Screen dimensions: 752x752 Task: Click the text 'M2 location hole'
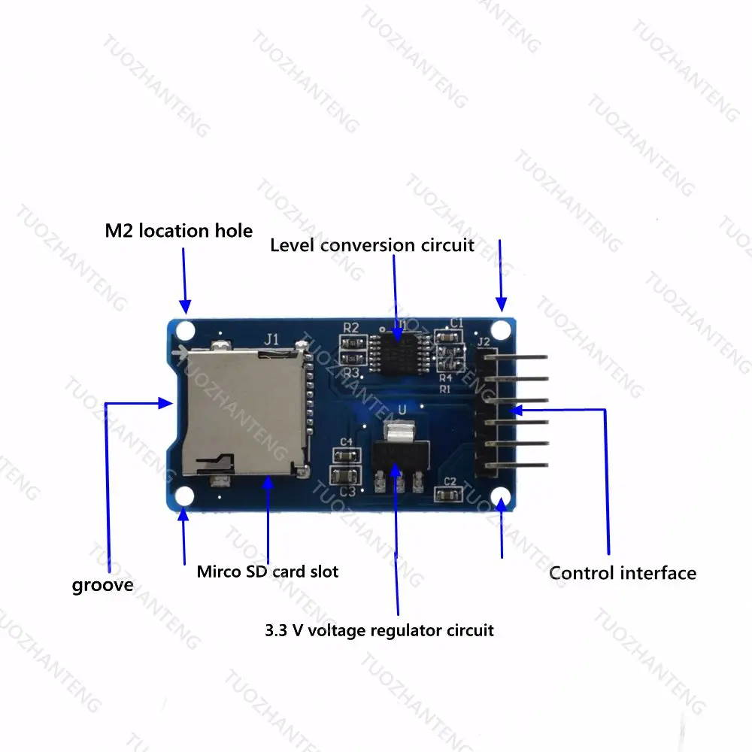coord(179,230)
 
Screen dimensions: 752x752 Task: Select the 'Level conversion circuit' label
coord(372,245)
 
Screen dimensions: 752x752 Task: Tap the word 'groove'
coord(102,585)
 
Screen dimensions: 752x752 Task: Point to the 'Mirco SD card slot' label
coord(268,572)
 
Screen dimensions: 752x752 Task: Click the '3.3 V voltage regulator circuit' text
coord(379,630)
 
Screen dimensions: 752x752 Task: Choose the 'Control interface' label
coord(623,573)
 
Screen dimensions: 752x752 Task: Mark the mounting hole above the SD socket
coord(185,330)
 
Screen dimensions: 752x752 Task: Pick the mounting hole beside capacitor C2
coord(499,496)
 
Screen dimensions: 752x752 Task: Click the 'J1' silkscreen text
coord(271,339)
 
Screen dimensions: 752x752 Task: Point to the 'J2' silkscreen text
coord(484,342)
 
